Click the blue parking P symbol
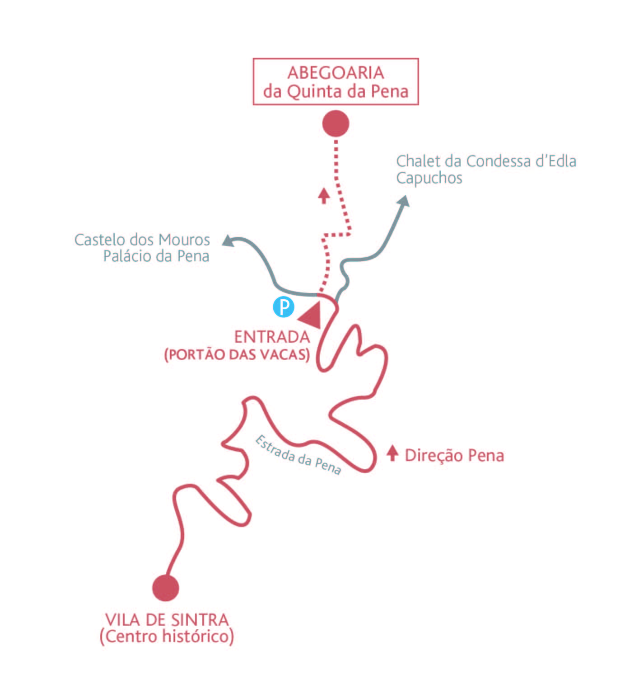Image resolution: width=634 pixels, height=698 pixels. coord(284,307)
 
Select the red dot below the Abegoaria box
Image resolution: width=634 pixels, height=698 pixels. coord(336,123)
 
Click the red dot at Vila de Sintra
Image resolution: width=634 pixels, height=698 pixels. coord(166,588)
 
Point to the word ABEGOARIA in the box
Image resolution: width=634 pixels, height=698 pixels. coord(336,73)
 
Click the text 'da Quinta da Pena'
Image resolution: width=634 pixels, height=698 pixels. coord(336,91)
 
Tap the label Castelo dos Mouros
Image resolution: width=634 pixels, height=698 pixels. coord(142,240)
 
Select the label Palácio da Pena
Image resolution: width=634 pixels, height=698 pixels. coord(156,256)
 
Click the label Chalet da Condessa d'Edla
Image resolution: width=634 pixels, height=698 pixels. coord(486,161)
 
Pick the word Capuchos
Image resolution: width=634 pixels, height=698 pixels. coord(429,178)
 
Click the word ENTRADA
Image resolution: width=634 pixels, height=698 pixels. coord(272,337)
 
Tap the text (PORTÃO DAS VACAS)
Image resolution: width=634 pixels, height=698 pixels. coord(237,354)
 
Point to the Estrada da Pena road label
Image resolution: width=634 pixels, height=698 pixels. coord(298,454)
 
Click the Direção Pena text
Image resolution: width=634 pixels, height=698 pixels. coord(454,455)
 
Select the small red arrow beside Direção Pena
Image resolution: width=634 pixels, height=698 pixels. coord(392,453)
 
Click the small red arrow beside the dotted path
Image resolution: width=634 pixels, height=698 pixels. coord(323,195)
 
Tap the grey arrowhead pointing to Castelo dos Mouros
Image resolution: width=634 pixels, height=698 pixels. coord(228,241)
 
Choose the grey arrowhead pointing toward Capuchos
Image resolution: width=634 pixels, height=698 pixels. coord(403,201)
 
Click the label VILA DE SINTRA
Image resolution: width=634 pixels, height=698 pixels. coord(167,619)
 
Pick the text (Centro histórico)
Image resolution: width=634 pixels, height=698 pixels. coord(167,637)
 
